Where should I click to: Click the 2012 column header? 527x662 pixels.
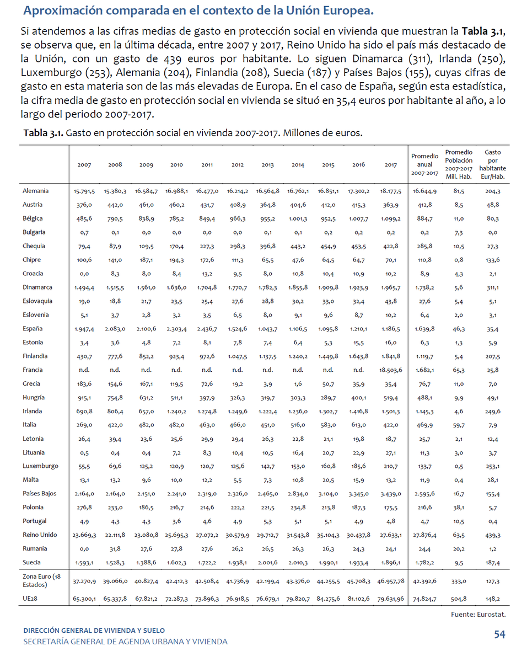pyautogui.click(x=238, y=165)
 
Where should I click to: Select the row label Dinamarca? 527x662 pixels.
pyautogui.click(x=37, y=287)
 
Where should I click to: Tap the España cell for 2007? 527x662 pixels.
pyautogui.click(x=84, y=329)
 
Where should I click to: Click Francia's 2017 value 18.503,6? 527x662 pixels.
pyautogui.click(x=391, y=370)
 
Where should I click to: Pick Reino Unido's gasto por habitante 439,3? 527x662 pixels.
pyautogui.click(x=493, y=535)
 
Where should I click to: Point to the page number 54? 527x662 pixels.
pyautogui.click(x=499, y=635)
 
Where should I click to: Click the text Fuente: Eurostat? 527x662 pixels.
pyautogui.click(x=478, y=614)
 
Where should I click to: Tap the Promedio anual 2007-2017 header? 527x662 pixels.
pyautogui.click(x=424, y=164)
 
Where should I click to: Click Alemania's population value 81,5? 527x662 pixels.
pyautogui.click(x=459, y=191)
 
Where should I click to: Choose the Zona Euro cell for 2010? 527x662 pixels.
pyautogui.click(x=176, y=581)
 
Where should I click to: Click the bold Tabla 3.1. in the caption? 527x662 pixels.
pyautogui.click(x=44, y=134)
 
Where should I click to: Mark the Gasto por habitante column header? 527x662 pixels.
pyautogui.click(x=492, y=164)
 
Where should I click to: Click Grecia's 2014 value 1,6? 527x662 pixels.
pyautogui.click(x=298, y=384)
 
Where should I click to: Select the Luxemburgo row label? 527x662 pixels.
pyautogui.click(x=40, y=466)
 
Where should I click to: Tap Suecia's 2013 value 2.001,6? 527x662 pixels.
pyautogui.click(x=267, y=563)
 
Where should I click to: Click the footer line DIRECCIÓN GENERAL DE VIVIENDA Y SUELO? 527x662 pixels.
pyautogui.click(x=94, y=631)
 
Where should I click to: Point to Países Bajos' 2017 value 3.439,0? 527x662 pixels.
pyautogui.click(x=391, y=494)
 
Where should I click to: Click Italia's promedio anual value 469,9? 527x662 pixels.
pyautogui.click(x=424, y=425)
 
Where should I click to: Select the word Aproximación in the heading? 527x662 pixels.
pyautogui.click(x=62, y=10)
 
